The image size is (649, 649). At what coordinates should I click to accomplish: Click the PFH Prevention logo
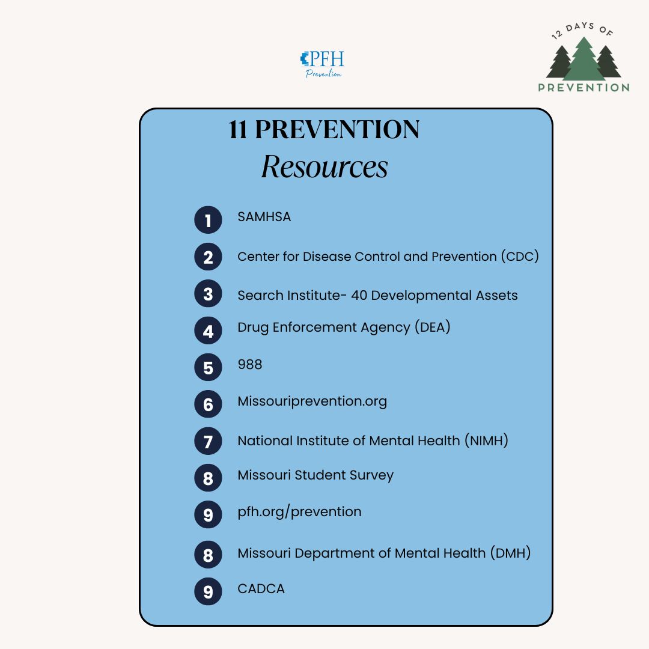(x=323, y=64)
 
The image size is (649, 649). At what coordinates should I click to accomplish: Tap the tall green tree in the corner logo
(x=583, y=60)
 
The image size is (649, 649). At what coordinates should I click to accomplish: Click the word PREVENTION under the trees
(x=583, y=87)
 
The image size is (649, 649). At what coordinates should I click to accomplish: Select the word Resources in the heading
(x=324, y=167)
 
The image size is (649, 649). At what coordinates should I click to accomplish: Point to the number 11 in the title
(x=238, y=130)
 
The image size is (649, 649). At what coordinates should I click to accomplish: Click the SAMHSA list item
(x=264, y=217)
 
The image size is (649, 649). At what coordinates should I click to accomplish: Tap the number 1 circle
(x=208, y=221)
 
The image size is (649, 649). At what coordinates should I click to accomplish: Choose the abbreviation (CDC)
(x=520, y=257)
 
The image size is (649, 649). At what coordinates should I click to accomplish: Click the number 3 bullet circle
(x=208, y=294)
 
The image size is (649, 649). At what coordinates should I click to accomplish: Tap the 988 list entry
(x=250, y=365)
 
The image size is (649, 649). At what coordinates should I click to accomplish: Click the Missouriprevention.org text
(x=312, y=401)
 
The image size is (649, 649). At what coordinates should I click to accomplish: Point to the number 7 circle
(x=208, y=442)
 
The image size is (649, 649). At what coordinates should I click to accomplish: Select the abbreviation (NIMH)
(x=486, y=440)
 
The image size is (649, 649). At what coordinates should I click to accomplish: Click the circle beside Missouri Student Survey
(x=208, y=478)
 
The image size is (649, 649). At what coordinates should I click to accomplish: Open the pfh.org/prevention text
(x=299, y=512)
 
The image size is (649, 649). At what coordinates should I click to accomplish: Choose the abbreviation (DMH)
(x=510, y=553)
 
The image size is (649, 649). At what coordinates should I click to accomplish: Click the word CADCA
(x=261, y=588)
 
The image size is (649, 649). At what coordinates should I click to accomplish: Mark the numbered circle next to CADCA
(x=208, y=591)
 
